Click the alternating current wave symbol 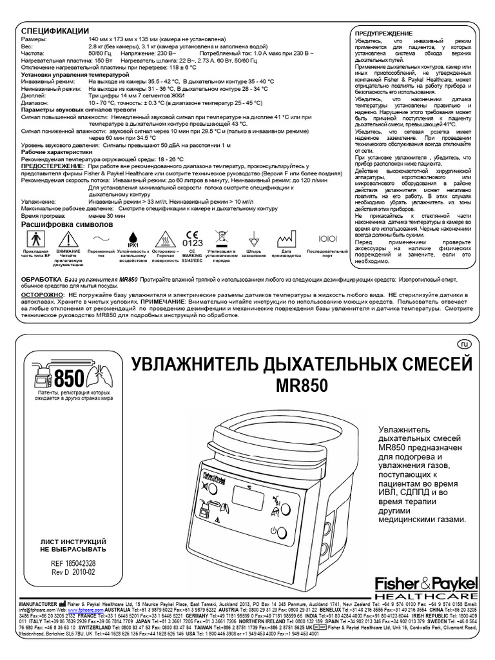click(x=101, y=237)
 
